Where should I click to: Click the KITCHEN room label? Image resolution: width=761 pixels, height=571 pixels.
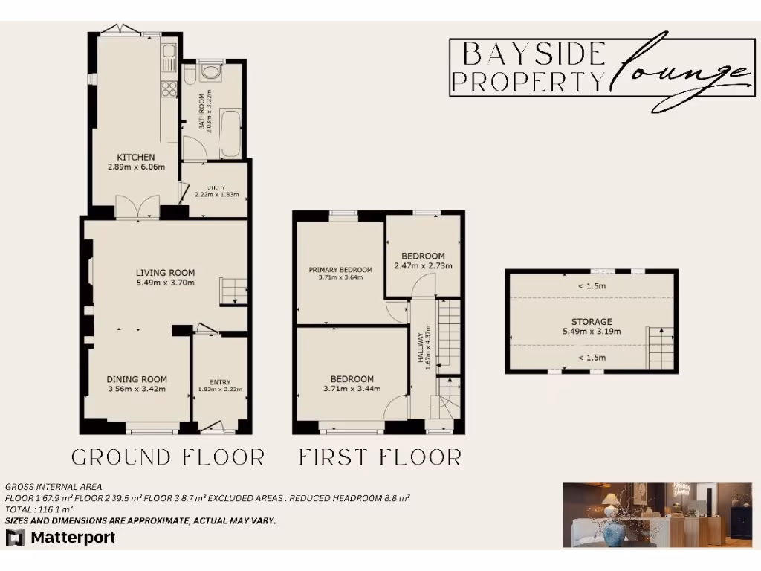click(135, 157)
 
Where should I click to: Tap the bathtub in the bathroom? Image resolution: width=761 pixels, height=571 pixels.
click(230, 132)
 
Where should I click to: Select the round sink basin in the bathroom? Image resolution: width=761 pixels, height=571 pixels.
click(211, 72)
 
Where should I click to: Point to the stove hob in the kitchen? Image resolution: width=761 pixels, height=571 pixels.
click(169, 89)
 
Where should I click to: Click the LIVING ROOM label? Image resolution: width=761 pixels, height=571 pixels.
click(165, 272)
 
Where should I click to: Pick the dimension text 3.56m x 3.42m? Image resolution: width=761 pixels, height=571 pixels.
click(137, 388)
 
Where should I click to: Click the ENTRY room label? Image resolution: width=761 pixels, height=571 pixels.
click(221, 382)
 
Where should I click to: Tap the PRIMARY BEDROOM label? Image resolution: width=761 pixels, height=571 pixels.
click(340, 269)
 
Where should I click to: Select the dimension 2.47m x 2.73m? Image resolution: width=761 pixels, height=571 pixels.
click(423, 265)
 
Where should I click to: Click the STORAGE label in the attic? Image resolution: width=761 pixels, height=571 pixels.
click(592, 322)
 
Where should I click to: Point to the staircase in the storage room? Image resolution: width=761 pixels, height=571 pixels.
click(660, 347)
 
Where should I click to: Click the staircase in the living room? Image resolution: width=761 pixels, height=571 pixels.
click(233, 291)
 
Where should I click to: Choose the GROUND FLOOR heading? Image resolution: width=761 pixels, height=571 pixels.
click(167, 457)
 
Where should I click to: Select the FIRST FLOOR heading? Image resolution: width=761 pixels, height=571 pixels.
click(380, 457)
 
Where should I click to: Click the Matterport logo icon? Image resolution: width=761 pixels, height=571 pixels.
click(15, 538)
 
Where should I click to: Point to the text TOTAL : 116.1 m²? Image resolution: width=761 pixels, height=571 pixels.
click(39, 509)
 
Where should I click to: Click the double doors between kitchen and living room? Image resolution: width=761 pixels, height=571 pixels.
click(137, 206)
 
